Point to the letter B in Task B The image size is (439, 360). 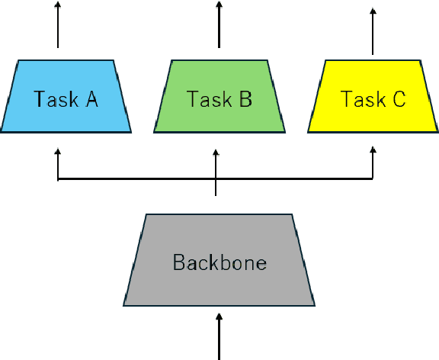point(245,99)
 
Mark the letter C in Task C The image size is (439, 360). point(398,99)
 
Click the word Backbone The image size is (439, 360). point(219,263)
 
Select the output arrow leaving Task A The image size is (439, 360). point(59,27)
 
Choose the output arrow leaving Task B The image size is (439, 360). point(219,27)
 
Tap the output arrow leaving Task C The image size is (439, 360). point(373,31)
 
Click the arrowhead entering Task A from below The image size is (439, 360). point(59,153)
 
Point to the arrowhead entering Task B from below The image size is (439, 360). point(216,153)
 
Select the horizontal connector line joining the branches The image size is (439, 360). point(137,180)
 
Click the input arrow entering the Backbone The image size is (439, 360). point(219,336)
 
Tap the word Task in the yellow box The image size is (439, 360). point(357,99)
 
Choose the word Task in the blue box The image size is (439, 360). point(52,99)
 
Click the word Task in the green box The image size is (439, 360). point(204,99)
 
